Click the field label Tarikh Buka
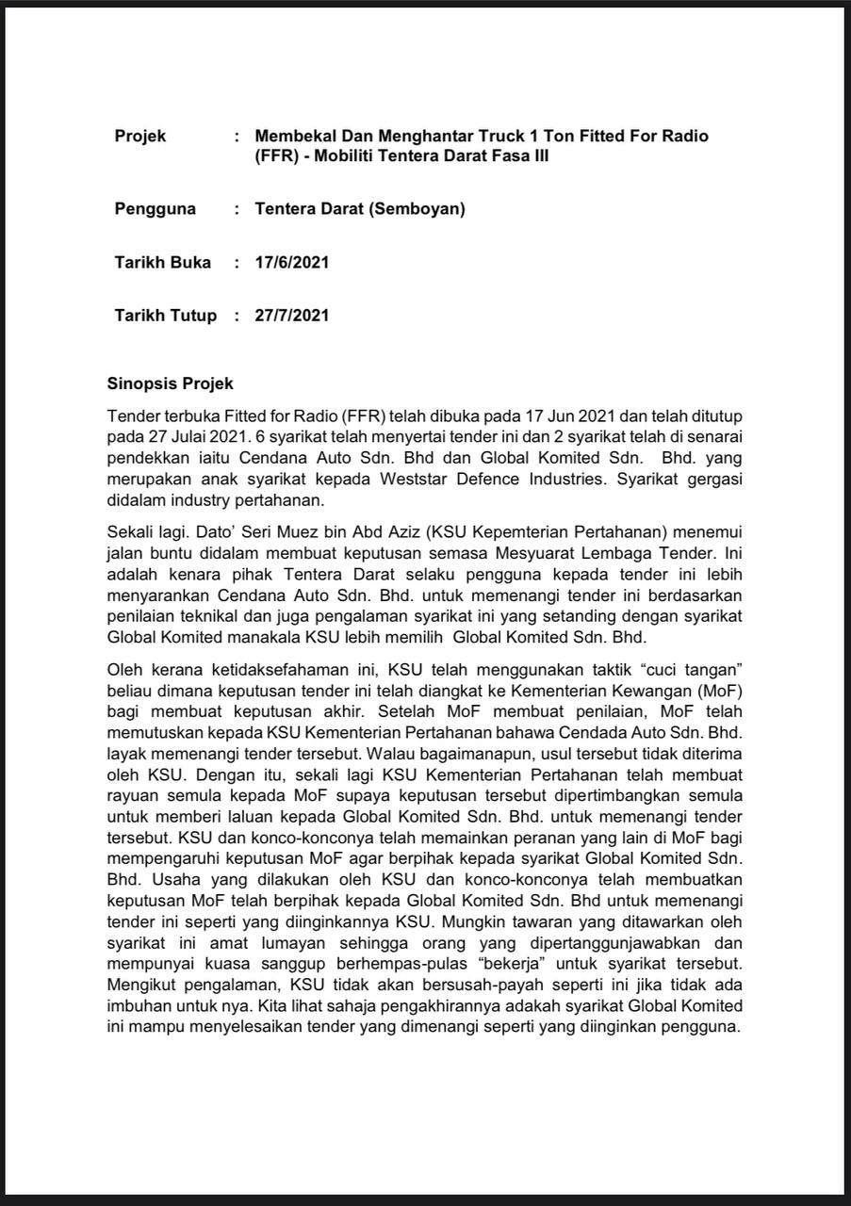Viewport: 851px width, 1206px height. tap(162, 263)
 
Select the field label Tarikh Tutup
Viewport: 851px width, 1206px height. tap(165, 316)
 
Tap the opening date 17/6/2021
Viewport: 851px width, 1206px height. tap(291, 263)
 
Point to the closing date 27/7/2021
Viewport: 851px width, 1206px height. tap(291, 316)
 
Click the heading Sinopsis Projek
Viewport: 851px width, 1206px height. tap(170, 384)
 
